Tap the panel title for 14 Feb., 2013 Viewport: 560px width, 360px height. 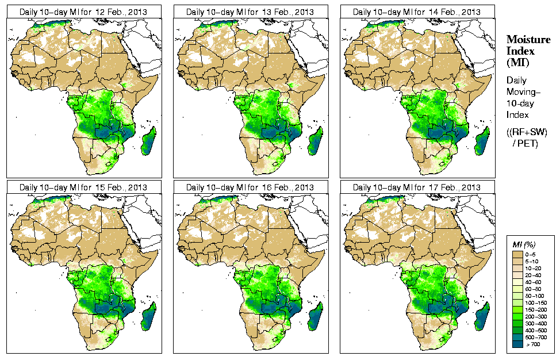pos(416,12)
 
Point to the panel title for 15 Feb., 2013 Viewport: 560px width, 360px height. pos(83,187)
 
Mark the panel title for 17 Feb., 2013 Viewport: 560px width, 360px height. pos(416,187)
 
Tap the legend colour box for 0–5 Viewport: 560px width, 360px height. pos(517,253)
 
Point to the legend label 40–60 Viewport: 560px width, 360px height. pos(533,283)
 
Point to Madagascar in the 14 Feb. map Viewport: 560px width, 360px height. pos(482,141)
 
